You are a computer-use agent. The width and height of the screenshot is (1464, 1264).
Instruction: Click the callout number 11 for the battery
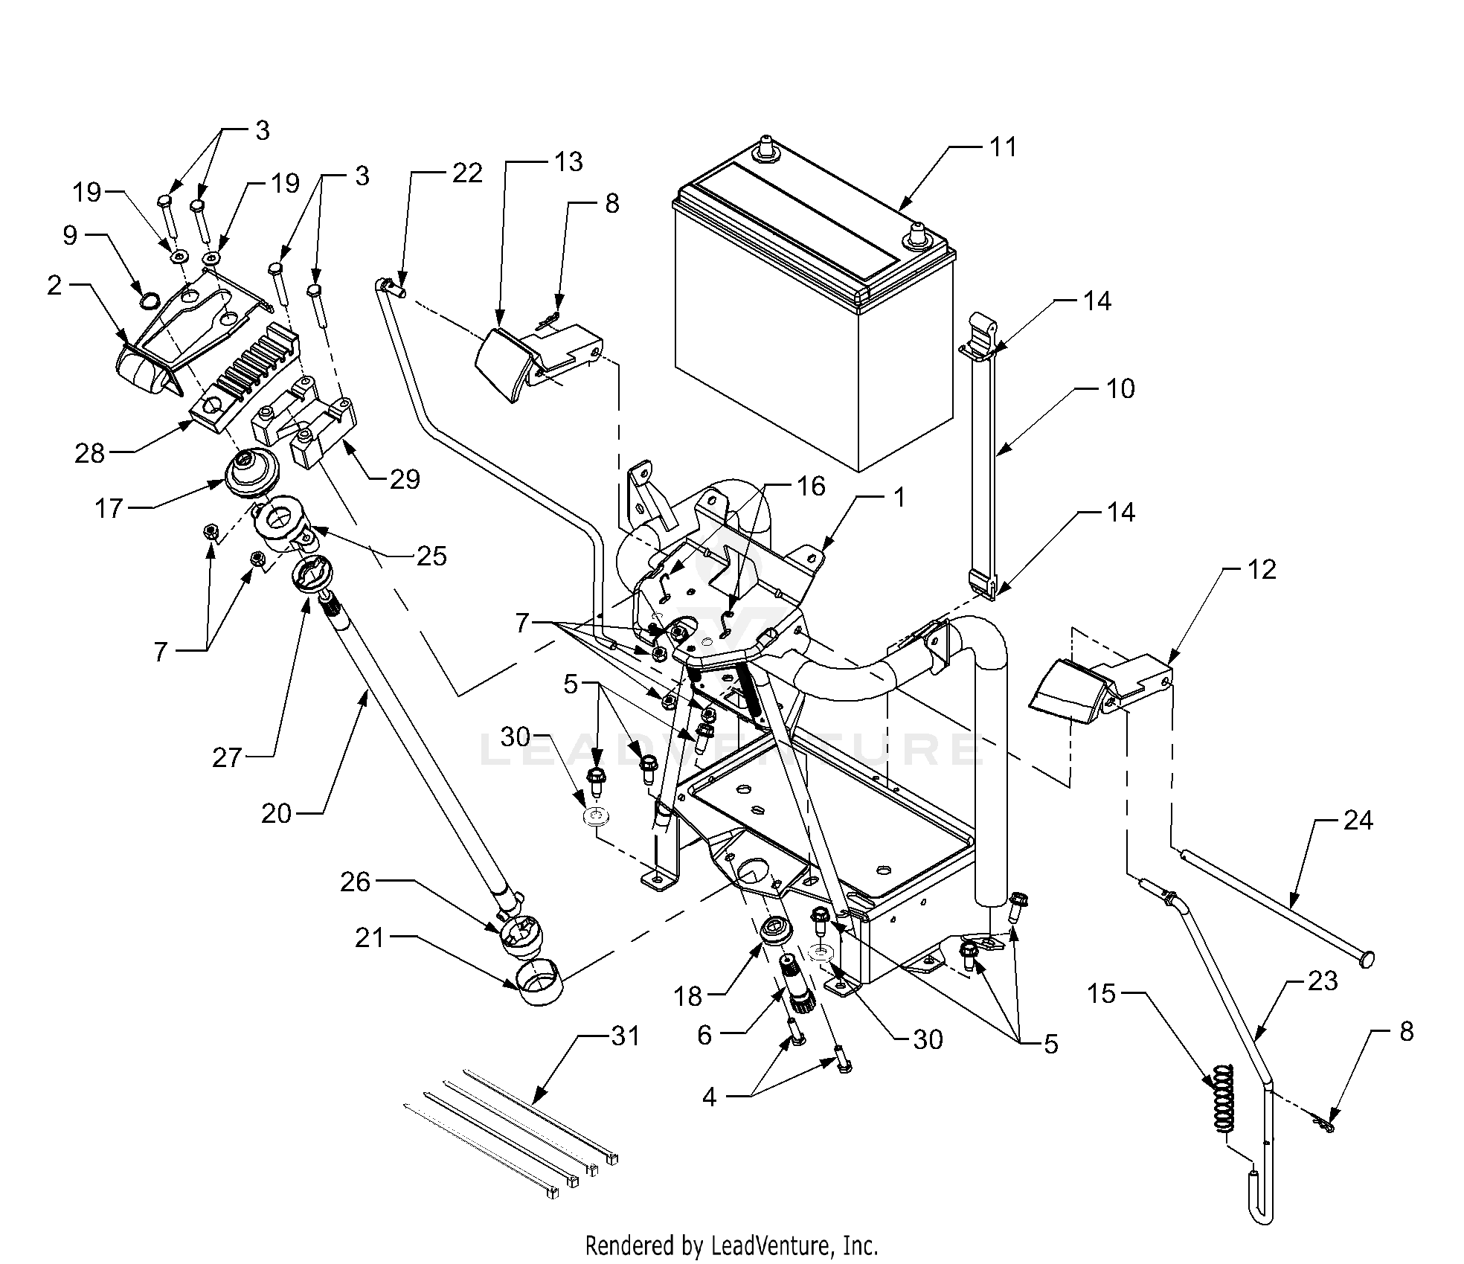point(1003,147)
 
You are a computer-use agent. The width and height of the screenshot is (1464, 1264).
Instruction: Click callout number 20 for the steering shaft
point(277,813)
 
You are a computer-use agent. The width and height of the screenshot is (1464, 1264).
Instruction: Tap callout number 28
point(89,453)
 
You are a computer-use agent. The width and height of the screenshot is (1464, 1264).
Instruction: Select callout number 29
point(405,479)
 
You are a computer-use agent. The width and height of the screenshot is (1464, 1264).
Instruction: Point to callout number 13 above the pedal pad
point(569,161)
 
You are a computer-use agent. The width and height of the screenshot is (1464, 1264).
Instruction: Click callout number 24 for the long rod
point(1358,821)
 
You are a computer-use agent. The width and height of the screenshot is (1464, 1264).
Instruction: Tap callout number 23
point(1323,981)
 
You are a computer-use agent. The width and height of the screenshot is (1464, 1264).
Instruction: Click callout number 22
point(468,173)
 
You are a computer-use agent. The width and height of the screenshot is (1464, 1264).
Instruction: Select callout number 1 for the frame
point(899,497)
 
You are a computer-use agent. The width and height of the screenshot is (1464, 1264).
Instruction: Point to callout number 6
point(704,1034)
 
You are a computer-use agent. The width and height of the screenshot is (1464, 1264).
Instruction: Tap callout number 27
point(227,757)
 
